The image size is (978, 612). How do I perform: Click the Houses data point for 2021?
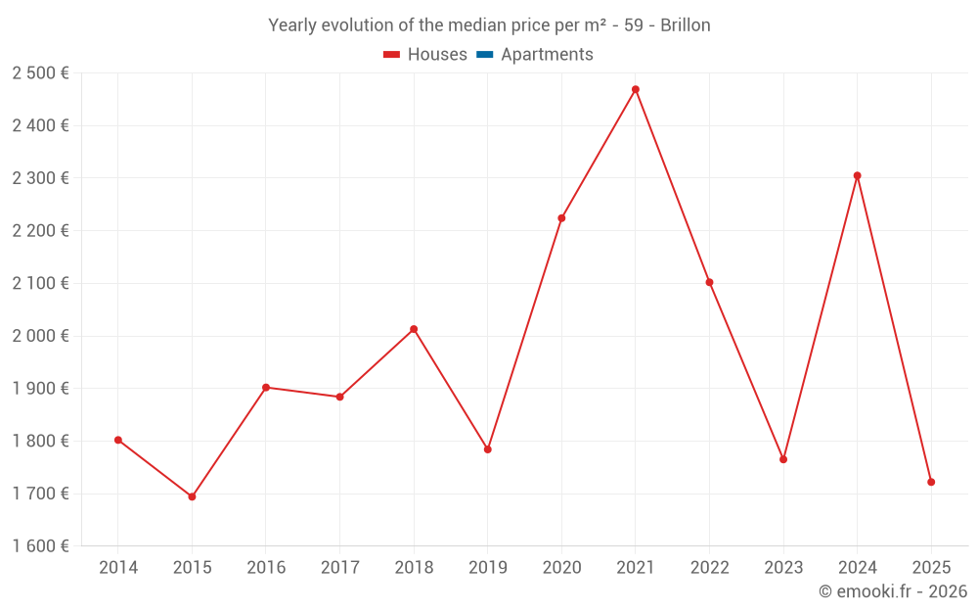coord(636,89)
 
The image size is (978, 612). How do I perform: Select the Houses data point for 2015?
coord(192,496)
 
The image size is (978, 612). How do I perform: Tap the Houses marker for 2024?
coord(858,176)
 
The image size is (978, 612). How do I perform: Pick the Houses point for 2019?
coord(488,449)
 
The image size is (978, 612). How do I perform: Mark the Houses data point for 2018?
coord(414,329)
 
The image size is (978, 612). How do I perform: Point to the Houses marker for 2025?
coord(931,482)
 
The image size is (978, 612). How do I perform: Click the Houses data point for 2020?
coord(561,218)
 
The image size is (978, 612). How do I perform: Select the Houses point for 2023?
coord(783,459)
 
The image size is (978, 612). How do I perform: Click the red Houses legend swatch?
coord(391,55)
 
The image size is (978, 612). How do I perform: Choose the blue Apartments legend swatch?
coord(485,55)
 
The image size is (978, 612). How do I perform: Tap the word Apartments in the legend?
coord(547,55)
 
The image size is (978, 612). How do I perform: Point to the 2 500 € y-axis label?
coord(40,73)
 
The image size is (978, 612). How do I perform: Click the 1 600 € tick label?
coord(40,546)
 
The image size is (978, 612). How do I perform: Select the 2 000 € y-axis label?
coord(40,336)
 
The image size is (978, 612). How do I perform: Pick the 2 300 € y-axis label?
coord(40,178)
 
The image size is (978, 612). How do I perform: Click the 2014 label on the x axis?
coord(118,568)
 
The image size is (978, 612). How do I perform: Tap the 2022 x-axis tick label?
coord(709,568)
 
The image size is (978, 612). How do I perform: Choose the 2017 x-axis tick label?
coord(339,568)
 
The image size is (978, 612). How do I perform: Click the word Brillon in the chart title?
coord(685,25)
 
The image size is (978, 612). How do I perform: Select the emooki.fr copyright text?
coord(893,591)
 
